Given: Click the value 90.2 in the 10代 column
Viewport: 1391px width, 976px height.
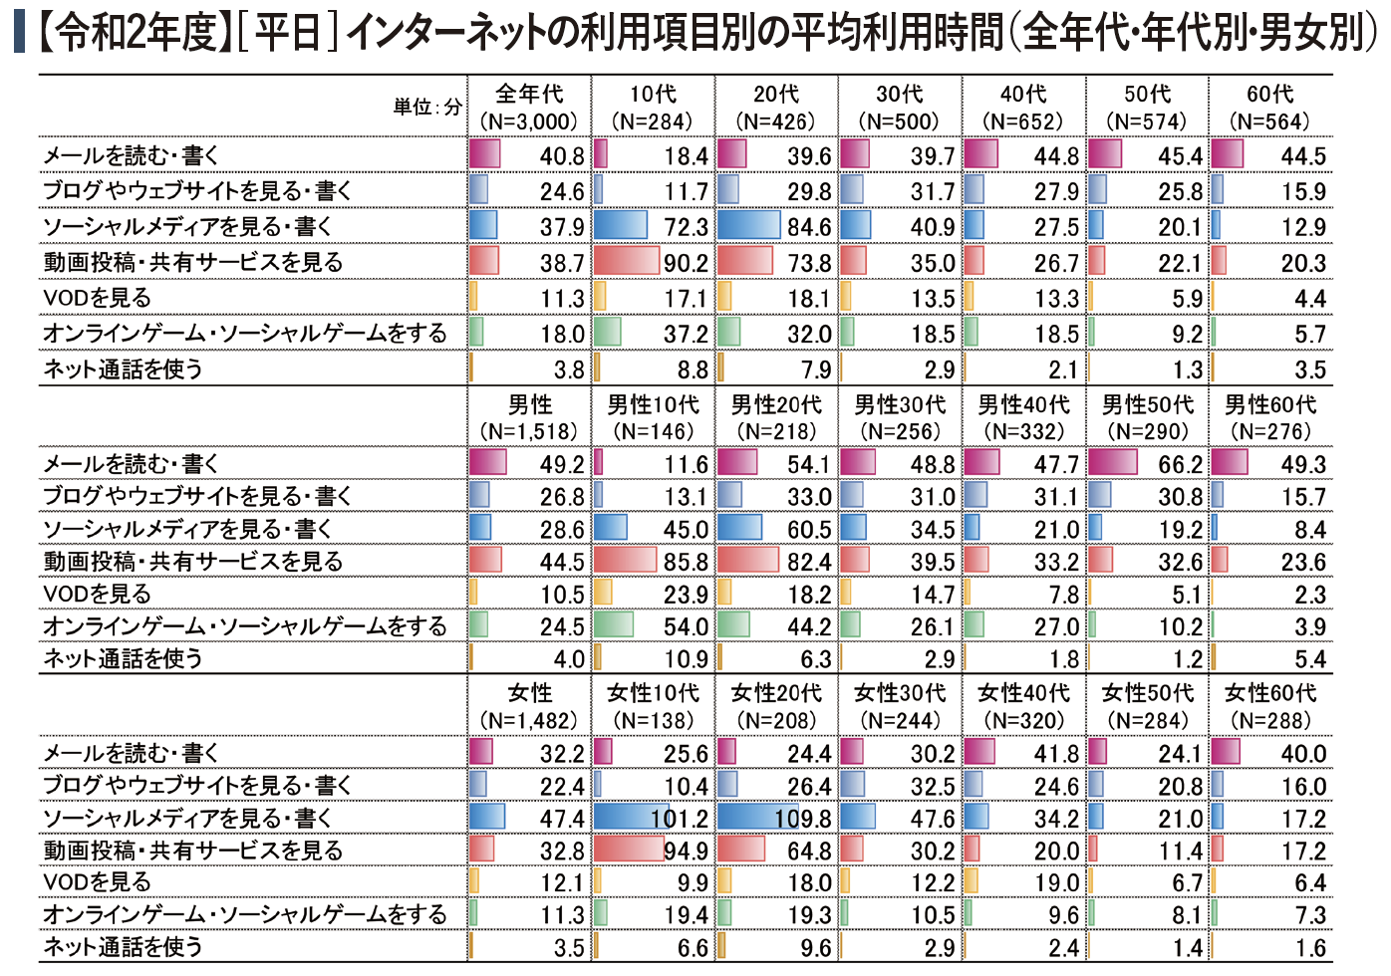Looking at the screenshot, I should (x=686, y=264).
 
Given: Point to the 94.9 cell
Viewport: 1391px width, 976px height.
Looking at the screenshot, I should (x=686, y=852).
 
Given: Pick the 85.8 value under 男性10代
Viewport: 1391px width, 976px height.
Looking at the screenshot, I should (x=686, y=563).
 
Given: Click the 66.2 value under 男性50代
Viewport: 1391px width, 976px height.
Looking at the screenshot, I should (x=1180, y=465).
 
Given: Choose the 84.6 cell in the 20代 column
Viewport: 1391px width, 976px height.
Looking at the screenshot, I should (x=809, y=228).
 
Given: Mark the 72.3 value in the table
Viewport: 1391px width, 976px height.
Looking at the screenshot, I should (x=686, y=228).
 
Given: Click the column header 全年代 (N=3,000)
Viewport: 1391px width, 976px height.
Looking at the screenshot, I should (x=529, y=108).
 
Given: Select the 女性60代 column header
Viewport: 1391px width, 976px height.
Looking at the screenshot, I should (x=1270, y=705).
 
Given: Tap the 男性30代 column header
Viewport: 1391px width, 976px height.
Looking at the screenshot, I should (x=900, y=417).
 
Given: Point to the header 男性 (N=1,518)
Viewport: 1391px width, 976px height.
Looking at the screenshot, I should (x=529, y=417).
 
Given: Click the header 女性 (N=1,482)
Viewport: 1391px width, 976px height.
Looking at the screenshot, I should (x=529, y=705).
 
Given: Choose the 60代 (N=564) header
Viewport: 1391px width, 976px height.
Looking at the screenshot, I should (x=1270, y=108).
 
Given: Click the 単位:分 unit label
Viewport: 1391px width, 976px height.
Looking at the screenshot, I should (x=427, y=108).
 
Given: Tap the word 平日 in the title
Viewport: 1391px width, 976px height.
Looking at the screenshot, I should (x=288, y=33).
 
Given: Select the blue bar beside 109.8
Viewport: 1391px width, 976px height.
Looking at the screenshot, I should (x=757, y=818).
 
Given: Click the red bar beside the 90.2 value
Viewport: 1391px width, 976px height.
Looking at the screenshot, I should (x=627, y=262).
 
